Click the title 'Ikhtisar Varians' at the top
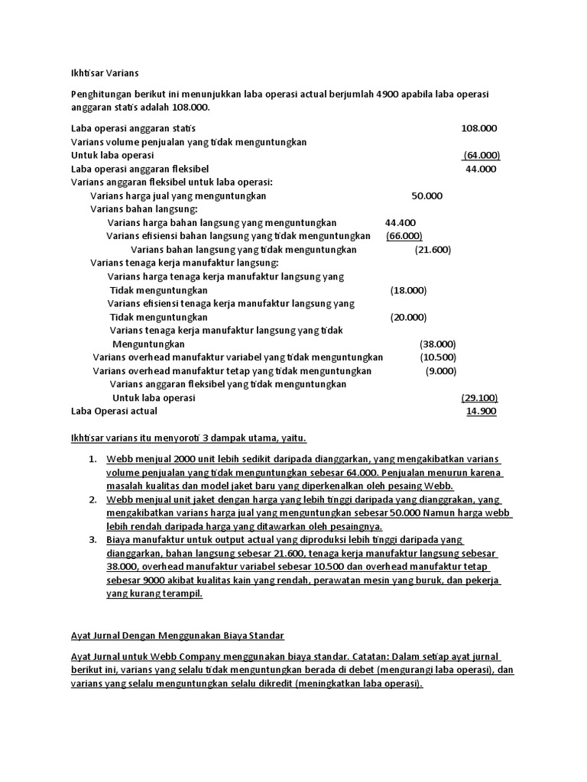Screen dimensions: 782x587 pyautogui.click(x=105, y=73)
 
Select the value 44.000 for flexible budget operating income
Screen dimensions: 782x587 pyautogui.click(x=481, y=169)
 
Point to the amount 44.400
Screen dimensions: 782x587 pyautogui.click(x=401, y=222)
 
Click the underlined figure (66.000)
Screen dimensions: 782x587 pyautogui.click(x=404, y=236)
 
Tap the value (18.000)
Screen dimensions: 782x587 pyautogui.click(x=408, y=291)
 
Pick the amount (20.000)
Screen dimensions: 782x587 pyautogui.click(x=408, y=318)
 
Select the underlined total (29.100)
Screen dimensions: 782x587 pyautogui.click(x=479, y=398)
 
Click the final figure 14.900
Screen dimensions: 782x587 pyautogui.click(x=482, y=412)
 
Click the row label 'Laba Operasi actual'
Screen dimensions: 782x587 pyautogui.click(x=114, y=412)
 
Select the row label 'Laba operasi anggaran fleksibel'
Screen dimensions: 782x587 pyautogui.click(x=140, y=169)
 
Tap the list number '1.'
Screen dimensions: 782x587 pyautogui.click(x=92, y=459)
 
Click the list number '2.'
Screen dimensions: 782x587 pyautogui.click(x=92, y=499)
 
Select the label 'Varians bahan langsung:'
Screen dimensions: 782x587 pyautogui.click(x=144, y=209)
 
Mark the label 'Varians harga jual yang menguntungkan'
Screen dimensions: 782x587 pyautogui.click(x=178, y=195)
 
